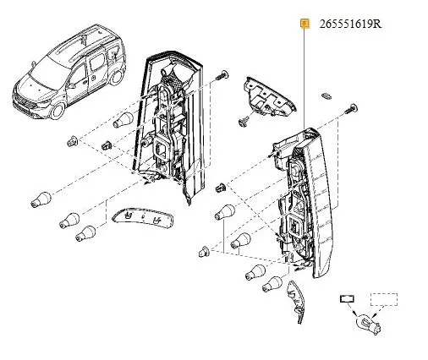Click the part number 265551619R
350,24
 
